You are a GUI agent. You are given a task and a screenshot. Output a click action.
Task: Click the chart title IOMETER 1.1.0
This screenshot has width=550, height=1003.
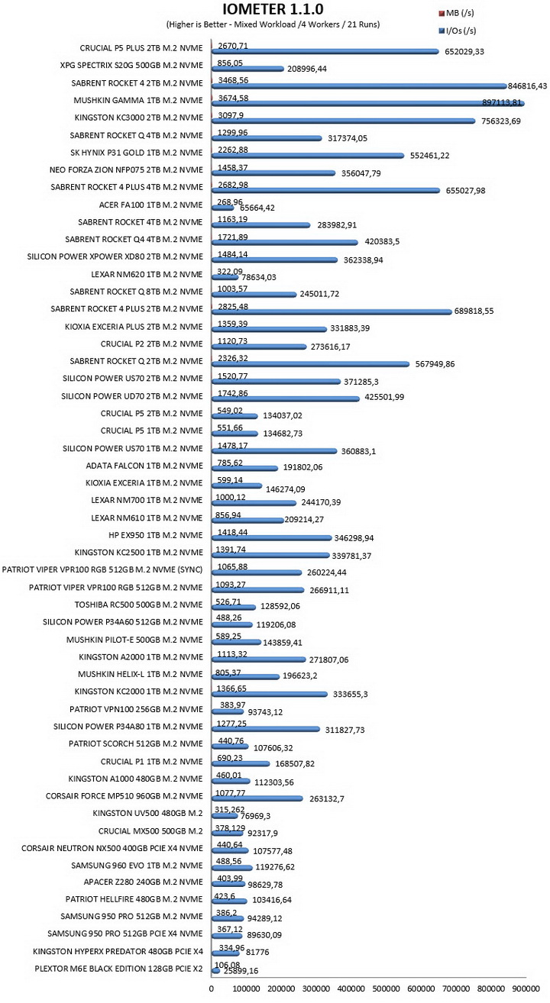point(273,9)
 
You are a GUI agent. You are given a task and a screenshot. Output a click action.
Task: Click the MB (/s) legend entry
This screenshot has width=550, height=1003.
point(456,13)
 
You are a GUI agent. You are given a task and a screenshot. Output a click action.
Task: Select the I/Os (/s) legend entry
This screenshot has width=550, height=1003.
point(458,31)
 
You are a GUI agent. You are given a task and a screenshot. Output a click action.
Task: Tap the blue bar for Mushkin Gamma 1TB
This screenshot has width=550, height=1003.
point(368,104)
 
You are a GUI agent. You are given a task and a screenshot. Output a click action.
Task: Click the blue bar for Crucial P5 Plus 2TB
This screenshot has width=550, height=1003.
point(325,51)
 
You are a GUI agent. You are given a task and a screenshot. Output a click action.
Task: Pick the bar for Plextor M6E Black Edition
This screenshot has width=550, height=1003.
point(216,971)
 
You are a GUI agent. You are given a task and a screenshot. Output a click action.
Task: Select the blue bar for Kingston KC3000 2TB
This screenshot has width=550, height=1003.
point(343,121)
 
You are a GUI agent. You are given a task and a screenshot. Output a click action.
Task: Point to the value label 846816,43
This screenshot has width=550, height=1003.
point(527,86)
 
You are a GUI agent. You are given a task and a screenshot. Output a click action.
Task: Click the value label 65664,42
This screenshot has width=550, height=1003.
point(257,208)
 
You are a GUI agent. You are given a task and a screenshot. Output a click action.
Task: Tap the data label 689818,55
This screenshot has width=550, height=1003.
point(474,311)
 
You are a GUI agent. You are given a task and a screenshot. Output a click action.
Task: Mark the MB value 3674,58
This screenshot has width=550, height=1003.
point(233,98)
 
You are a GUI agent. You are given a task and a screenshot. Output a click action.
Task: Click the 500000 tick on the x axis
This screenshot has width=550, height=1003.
point(386,988)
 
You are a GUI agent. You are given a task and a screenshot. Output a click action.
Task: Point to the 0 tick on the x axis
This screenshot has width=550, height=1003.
point(212,988)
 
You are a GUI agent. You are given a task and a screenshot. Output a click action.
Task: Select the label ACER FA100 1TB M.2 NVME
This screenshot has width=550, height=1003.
point(150,205)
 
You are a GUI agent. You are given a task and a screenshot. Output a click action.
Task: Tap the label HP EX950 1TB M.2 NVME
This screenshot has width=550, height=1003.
point(156,535)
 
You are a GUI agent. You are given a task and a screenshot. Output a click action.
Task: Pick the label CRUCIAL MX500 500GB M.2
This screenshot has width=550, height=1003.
point(150,831)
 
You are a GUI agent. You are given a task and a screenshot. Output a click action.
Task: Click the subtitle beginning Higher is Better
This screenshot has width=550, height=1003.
point(273,24)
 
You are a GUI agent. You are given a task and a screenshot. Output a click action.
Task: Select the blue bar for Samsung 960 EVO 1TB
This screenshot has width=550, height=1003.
point(231,868)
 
